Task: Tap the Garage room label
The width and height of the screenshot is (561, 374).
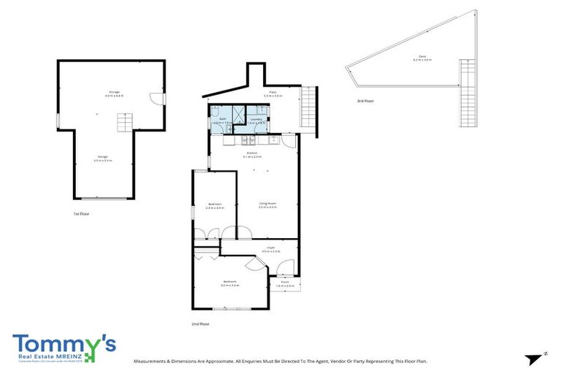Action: coord(102,159)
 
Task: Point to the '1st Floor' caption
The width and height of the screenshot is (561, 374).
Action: coord(81,214)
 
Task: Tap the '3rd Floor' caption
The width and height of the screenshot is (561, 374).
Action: coord(365,101)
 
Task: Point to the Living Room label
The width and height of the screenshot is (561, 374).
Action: coord(267,205)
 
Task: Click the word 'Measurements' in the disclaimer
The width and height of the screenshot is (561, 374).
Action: coord(151,361)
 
